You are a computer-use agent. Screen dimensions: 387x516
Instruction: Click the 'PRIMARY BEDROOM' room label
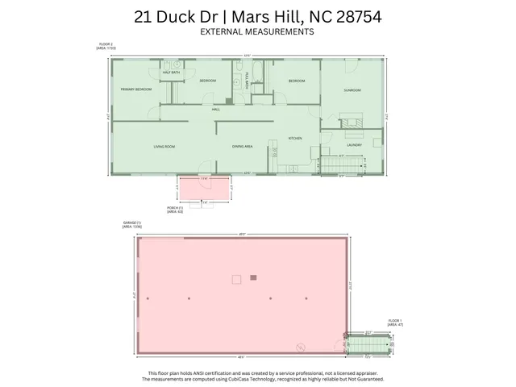(136, 89)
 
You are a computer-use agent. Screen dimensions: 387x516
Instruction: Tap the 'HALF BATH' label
(170, 73)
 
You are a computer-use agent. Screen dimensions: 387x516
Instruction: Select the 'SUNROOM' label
(352, 90)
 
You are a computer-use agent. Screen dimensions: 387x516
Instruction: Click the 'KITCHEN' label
(295, 139)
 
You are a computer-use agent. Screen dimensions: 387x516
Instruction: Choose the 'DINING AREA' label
(243, 146)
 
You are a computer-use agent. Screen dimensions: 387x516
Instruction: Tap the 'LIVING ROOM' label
(164, 146)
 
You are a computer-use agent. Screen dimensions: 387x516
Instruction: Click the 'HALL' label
(216, 109)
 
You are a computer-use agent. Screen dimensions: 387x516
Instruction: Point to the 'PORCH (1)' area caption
(175, 210)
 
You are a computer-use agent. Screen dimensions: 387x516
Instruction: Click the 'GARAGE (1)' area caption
(131, 225)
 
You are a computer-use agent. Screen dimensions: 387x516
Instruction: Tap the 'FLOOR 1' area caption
(394, 321)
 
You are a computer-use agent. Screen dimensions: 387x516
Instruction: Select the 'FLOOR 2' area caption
(106, 47)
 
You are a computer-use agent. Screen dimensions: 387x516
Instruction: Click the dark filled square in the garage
(253, 277)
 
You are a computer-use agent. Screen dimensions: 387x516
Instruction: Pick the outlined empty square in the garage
(236, 279)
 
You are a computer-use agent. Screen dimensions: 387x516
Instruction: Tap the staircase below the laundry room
(339, 164)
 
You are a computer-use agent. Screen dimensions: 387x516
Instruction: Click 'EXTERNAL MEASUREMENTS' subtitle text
(257, 31)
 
